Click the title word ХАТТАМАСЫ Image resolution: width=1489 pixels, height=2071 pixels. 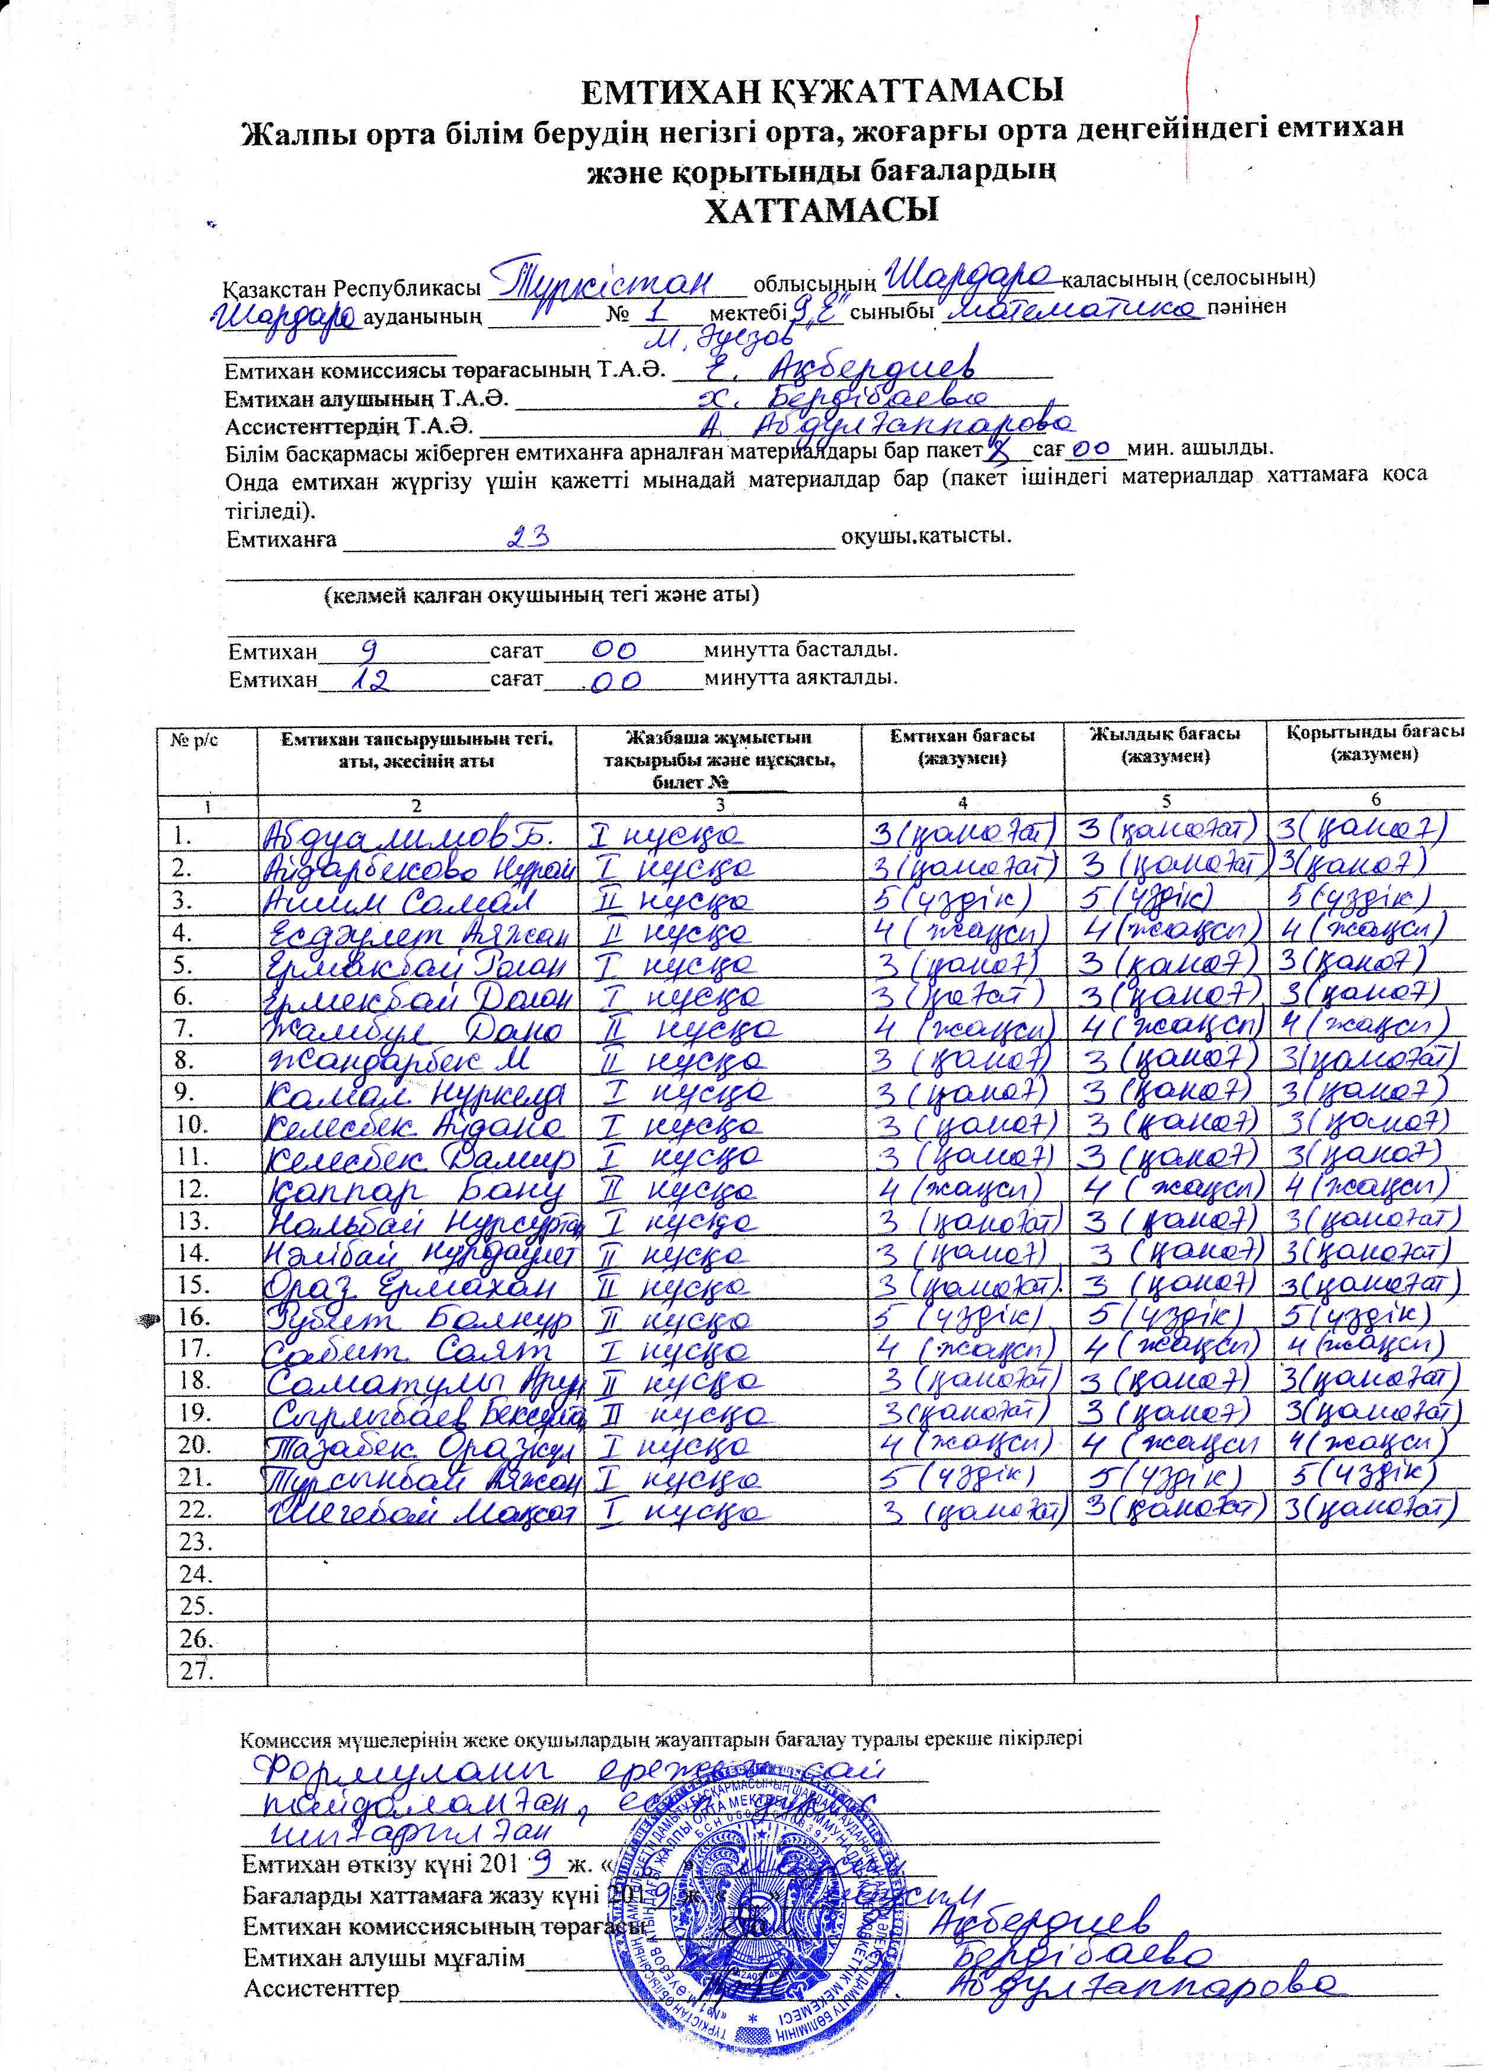822,212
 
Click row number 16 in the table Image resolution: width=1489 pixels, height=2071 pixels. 193,1317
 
